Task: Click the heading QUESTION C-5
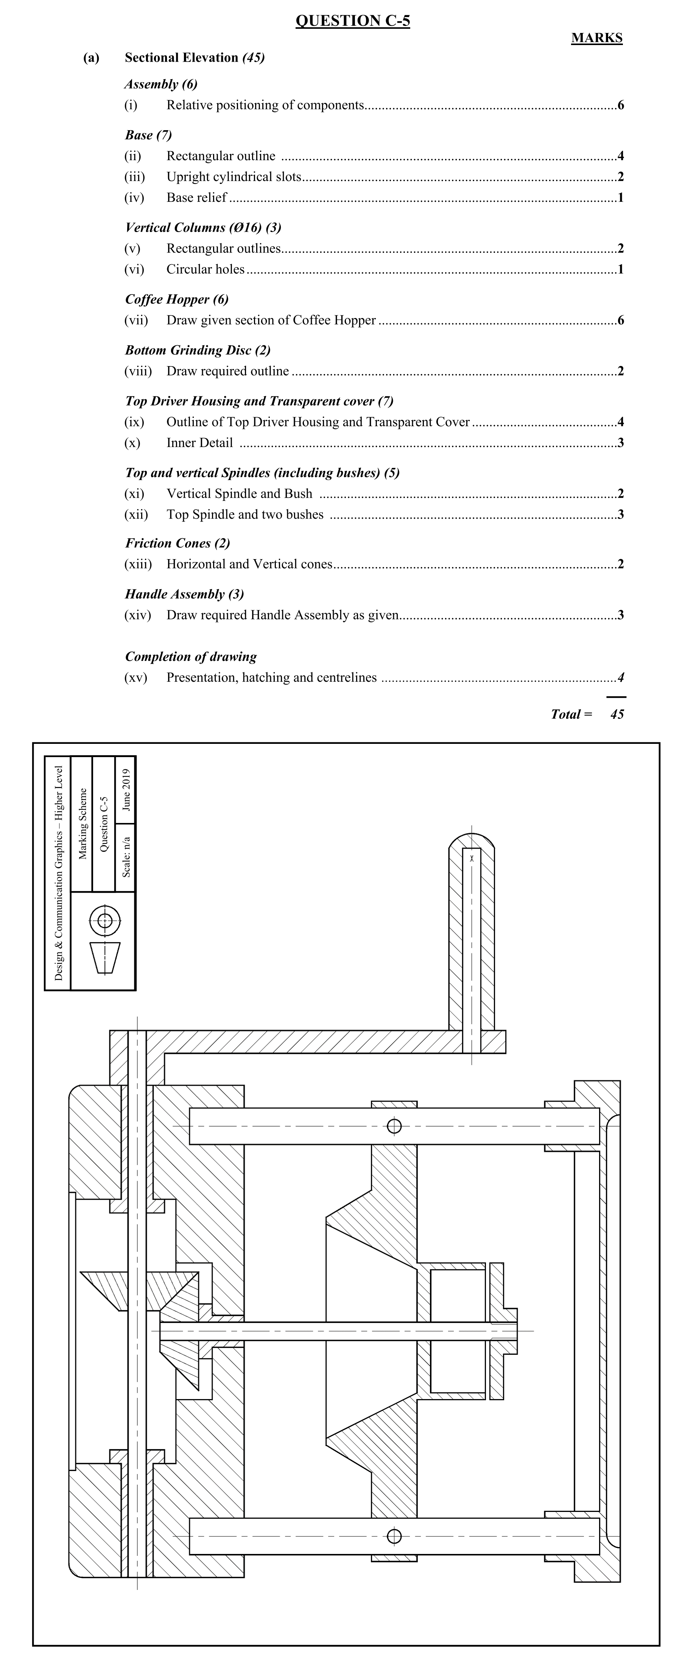coord(352,21)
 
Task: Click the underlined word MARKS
coord(596,38)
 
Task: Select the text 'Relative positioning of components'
coord(265,105)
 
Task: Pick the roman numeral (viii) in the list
coord(138,371)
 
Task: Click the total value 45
coord(617,714)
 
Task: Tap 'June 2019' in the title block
coord(126,790)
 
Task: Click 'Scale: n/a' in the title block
coord(126,857)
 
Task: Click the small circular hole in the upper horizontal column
coord(394,1126)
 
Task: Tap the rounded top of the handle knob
coord(472,839)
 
